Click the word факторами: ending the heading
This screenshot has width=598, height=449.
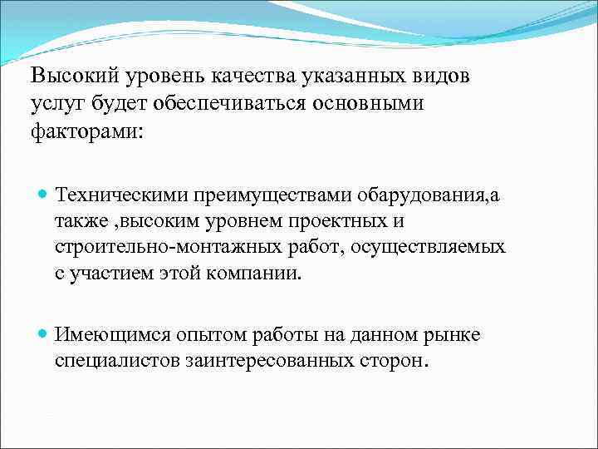(x=86, y=131)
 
